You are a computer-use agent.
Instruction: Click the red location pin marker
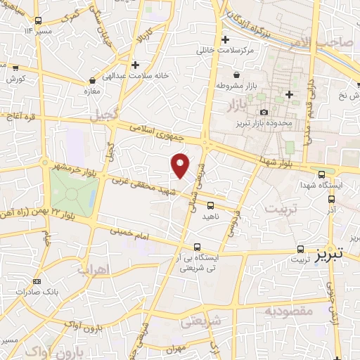tap(181, 165)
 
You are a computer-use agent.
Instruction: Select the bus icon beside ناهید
tap(211, 205)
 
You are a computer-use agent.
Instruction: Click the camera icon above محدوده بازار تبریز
tap(264, 112)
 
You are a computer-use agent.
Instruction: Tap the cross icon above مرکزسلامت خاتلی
tap(225, 40)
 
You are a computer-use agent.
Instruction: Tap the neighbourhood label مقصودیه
tap(286, 311)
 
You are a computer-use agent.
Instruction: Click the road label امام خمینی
tap(130, 234)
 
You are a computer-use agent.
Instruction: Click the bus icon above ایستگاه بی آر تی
tap(198, 247)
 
